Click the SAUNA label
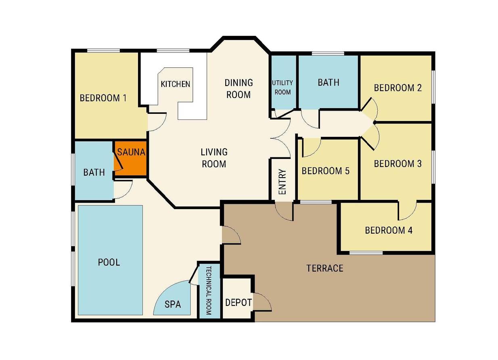[131, 152]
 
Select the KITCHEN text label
[176, 84]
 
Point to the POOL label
[109, 262]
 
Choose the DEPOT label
[239, 303]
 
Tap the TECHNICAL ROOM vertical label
[209, 291]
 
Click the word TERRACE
[325, 268]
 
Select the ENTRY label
[282, 182]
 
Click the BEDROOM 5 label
[326, 171]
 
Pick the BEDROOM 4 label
[389, 230]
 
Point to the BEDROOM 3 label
[398, 164]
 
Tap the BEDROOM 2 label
[398, 88]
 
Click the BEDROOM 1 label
[103, 98]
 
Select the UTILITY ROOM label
[282, 88]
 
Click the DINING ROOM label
[239, 89]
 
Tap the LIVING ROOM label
[214, 158]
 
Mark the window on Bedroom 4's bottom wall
[366, 253]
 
